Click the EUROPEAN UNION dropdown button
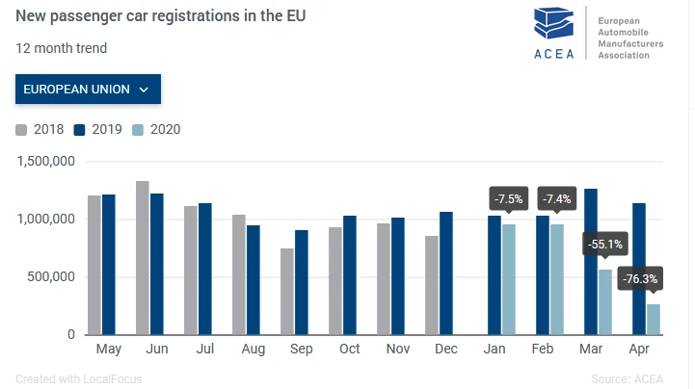point(88,90)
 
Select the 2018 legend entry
point(40,130)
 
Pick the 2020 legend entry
point(156,130)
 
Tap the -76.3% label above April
point(639,278)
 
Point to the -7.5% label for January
point(508,199)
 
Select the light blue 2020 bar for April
point(654,320)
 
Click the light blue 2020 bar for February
point(557,279)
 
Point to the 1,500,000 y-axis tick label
point(47,162)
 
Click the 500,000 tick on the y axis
point(54,277)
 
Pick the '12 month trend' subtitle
point(62,48)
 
